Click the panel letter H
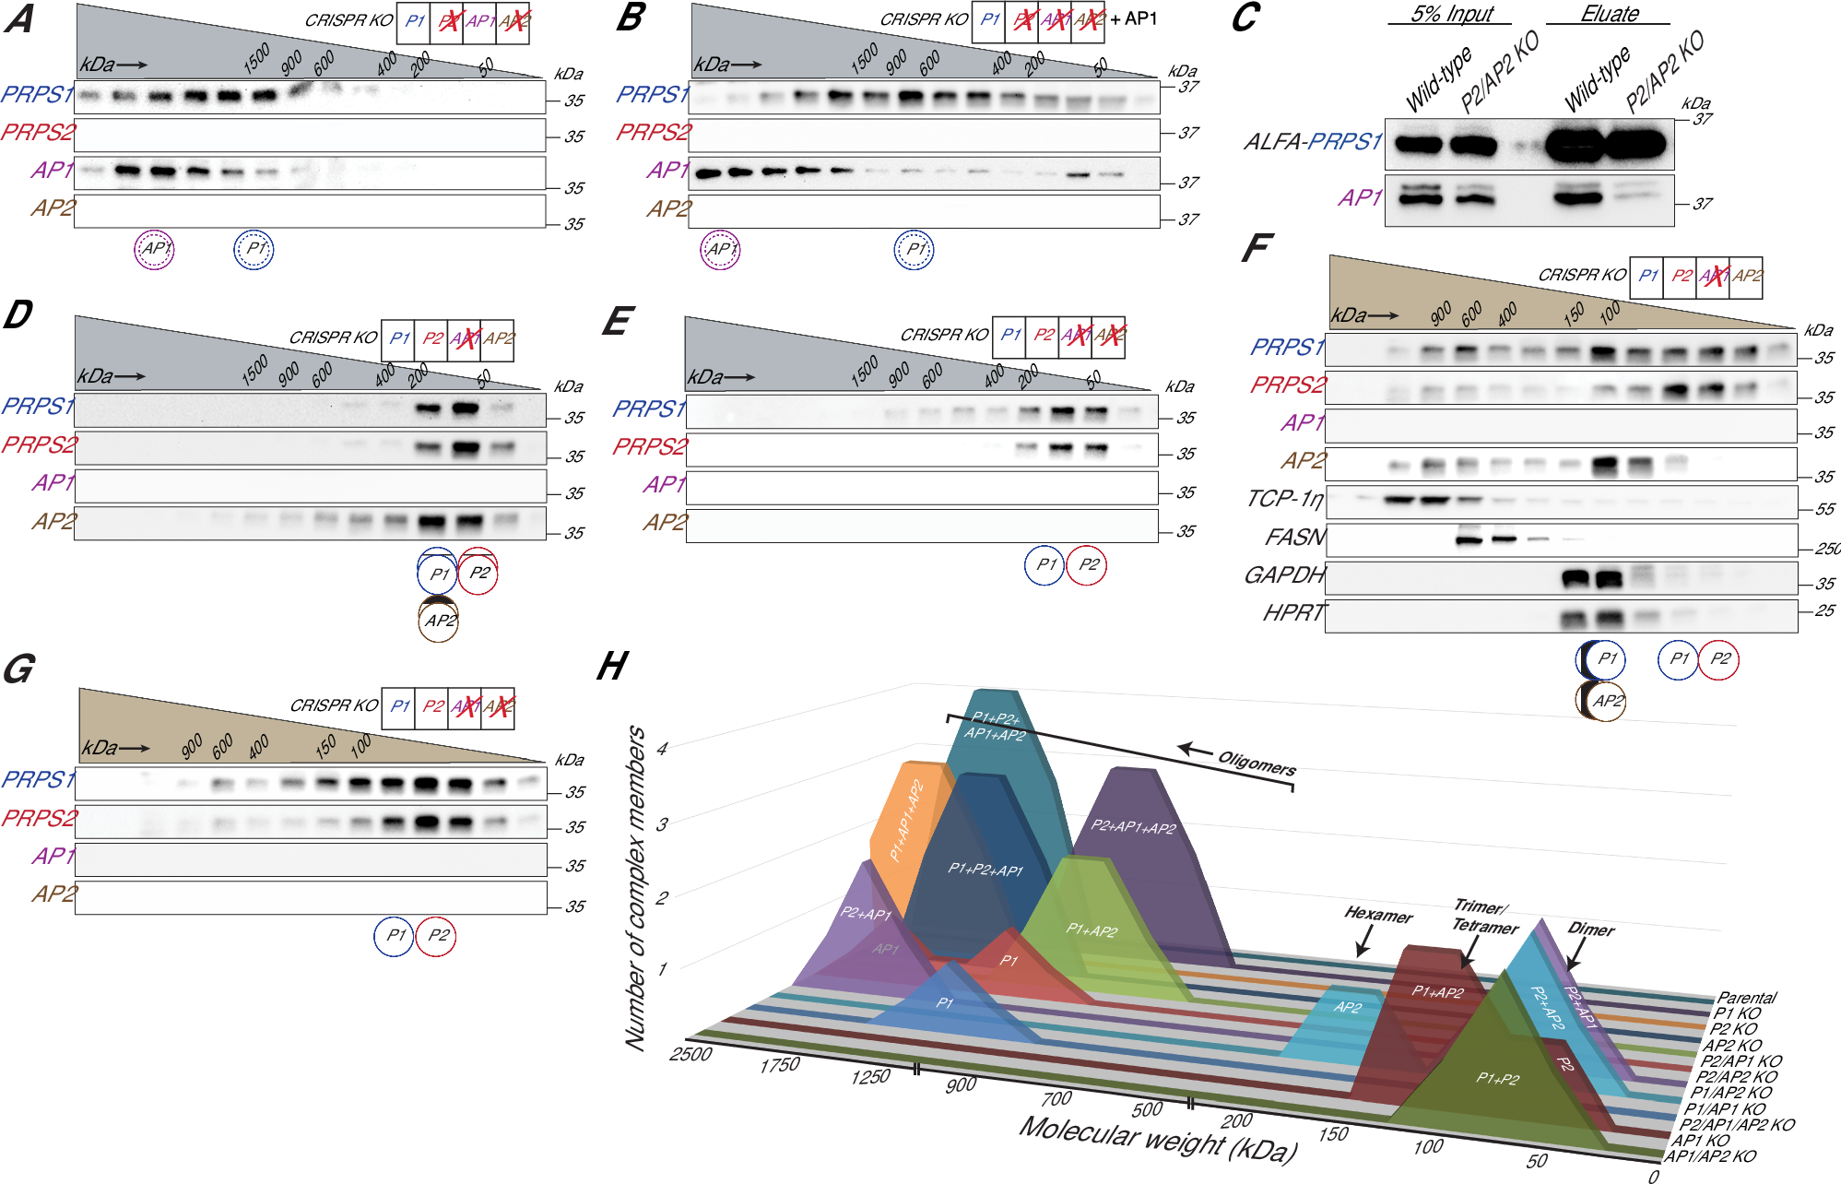pyautogui.click(x=613, y=666)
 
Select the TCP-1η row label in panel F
pyautogui.click(x=1284, y=499)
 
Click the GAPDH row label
pyautogui.click(x=1284, y=575)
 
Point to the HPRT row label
pyautogui.click(x=1293, y=612)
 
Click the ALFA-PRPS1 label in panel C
pyautogui.click(x=1313, y=141)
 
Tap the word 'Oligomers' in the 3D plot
pyautogui.click(x=1256, y=764)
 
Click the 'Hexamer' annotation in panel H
pyautogui.click(x=1378, y=915)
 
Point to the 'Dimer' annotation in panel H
pyautogui.click(x=1591, y=929)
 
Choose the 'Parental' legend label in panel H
pyautogui.click(x=1746, y=998)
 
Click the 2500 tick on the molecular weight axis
pyautogui.click(x=690, y=1053)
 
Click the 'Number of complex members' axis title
pyautogui.click(x=636, y=887)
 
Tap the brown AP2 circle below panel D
pyautogui.click(x=440, y=621)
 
